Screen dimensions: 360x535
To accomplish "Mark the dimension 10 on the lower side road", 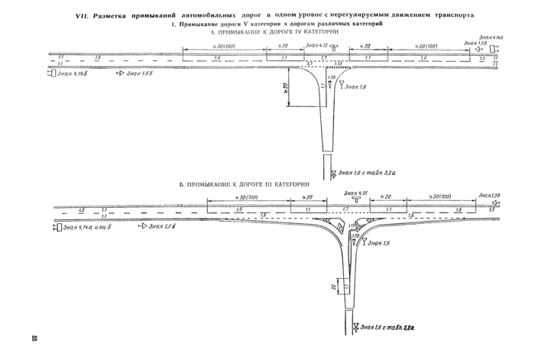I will (334, 287).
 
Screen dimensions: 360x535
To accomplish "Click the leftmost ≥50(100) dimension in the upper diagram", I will (200, 47).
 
